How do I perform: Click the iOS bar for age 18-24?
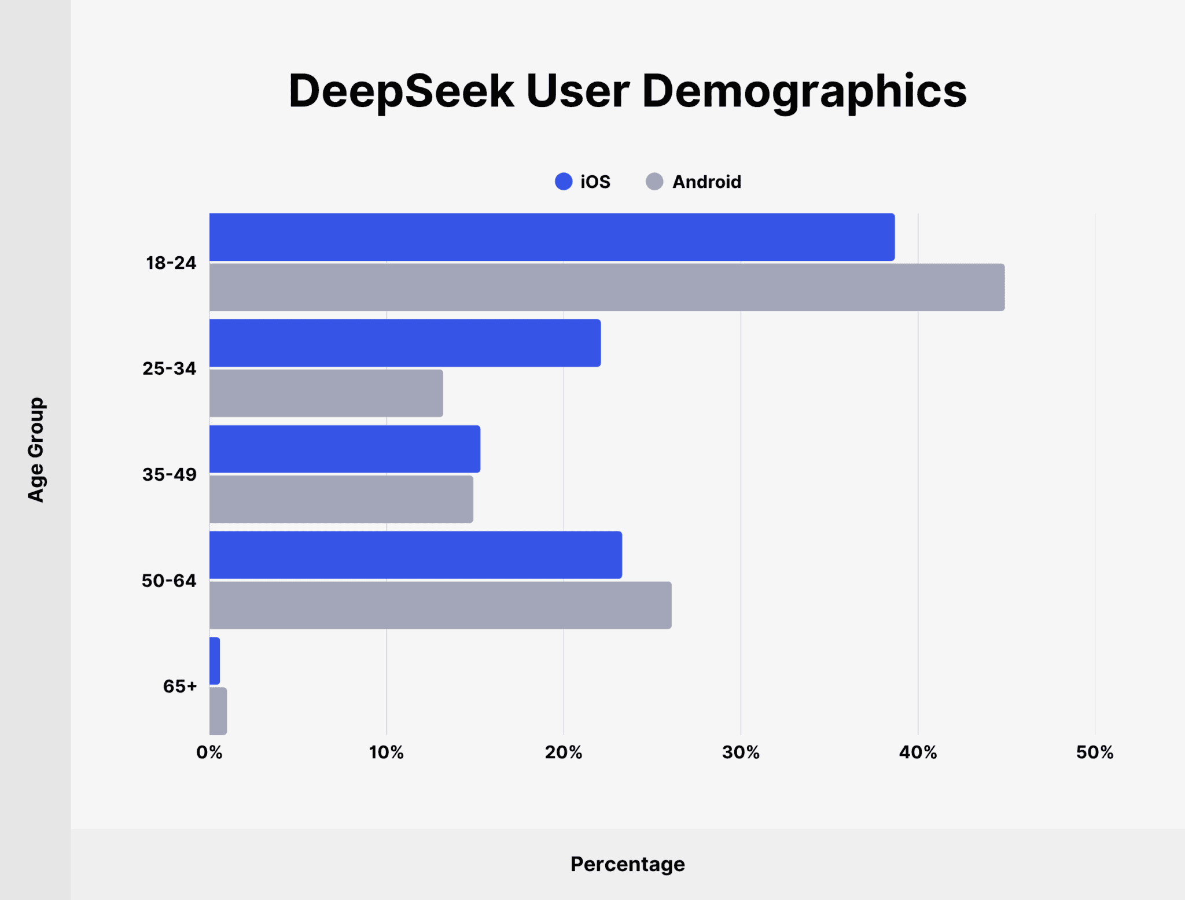click(x=551, y=237)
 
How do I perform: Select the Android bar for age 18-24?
click(x=606, y=287)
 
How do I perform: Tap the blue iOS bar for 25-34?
click(x=405, y=343)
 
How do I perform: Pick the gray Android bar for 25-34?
click(x=326, y=393)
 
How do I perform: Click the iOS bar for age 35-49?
click(x=344, y=449)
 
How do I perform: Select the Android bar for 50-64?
click(x=440, y=605)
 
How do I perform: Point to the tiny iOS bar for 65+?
click(x=215, y=661)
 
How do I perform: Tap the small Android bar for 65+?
click(x=218, y=711)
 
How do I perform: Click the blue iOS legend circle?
click(x=563, y=182)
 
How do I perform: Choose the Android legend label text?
click(x=706, y=182)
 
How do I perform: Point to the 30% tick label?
click(x=741, y=753)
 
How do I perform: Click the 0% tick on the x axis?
click(x=209, y=753)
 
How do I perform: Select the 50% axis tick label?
click(x=1094, y=753)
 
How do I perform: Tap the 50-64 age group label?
click(x=169, y=580)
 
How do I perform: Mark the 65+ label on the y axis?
click(x=180, y=686)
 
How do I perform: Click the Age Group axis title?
click(x=36, y=449)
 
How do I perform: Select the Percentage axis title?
click(x=627, y=864)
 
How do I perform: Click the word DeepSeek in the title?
click(x=401, y=91)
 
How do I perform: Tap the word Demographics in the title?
click(x=804, y=91)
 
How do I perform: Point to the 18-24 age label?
click(x=171, y=263)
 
